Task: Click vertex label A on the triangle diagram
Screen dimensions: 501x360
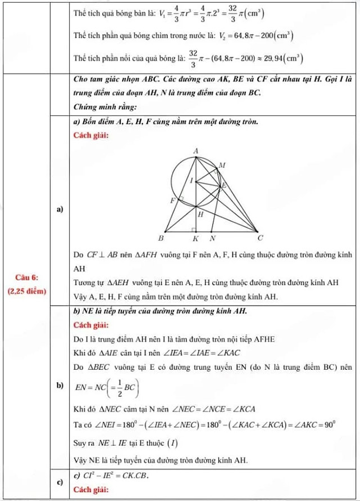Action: [196, 151]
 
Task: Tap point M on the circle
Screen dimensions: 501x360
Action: [221, 165]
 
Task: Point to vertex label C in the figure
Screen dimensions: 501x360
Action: [260, 238]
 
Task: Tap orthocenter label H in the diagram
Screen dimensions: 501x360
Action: [200, 214]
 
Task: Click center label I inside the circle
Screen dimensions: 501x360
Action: [191, 181]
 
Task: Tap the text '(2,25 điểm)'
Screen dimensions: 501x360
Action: [28, 292]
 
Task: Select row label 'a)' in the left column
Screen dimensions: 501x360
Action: [58, 209]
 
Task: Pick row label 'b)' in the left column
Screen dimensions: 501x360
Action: [58, 386]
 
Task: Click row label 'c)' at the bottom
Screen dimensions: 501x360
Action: [58, 482]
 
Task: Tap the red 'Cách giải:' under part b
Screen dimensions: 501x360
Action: [91, 325]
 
